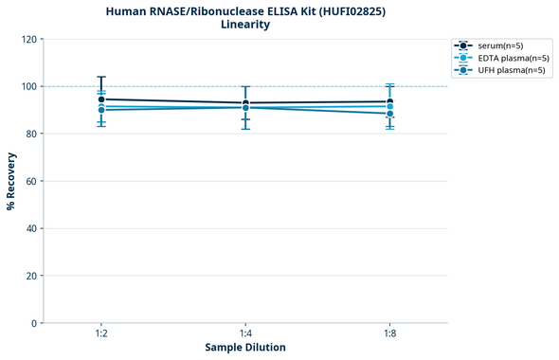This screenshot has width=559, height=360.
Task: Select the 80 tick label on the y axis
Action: click(30, 134)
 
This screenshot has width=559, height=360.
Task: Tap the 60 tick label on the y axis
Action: click(30, 181)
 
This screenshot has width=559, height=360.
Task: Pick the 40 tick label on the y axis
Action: click(30, 228)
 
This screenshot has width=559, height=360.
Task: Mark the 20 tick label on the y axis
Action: click(30, 276)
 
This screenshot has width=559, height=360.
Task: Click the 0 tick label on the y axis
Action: click(33, 323)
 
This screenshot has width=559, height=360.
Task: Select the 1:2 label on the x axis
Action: click(101, 334)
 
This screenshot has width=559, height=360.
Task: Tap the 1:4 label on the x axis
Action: click(245, 334)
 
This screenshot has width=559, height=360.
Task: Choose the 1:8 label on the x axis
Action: click(389, 334)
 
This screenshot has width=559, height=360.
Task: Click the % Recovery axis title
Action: click(11, 181)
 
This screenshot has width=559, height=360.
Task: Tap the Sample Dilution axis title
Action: click(245, 348)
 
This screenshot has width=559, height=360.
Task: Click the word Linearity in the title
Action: click(245, 25)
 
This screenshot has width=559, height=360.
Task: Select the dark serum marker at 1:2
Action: click(101, 99)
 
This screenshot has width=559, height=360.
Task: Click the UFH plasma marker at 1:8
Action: click(389, 114)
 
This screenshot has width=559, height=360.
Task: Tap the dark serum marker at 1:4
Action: click(245, 103)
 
